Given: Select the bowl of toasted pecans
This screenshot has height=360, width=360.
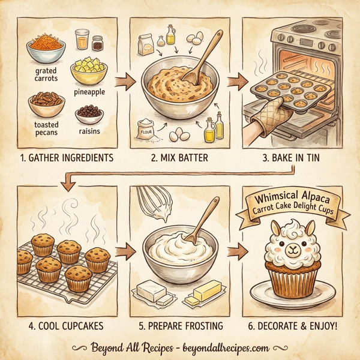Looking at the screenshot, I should [46, 104].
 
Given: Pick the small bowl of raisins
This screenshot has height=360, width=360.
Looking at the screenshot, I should [89, 114].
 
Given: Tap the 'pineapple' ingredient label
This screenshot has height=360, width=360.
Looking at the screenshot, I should [89, 92].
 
